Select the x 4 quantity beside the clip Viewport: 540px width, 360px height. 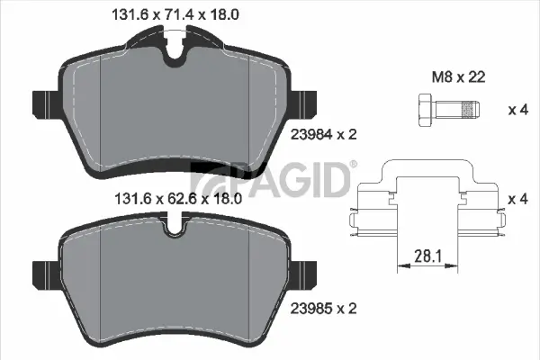pos(517,197)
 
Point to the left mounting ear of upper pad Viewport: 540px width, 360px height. pos(43,104)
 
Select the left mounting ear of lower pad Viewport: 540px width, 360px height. pos(43,271)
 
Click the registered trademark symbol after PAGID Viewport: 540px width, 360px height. pos(353,165)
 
